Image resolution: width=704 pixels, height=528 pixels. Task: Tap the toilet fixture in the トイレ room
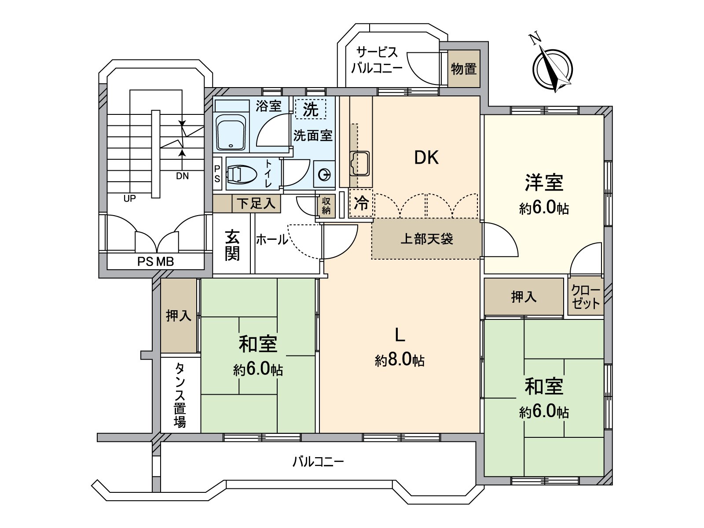[x=241, y=174]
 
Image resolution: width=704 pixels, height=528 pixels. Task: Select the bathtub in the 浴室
[x=231, y=132]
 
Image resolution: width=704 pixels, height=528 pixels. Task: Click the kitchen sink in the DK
[x=359, y=164]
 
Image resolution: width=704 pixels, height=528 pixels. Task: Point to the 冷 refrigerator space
[x=361, y=203]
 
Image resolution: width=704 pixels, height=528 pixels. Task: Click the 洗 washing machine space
[x=310, y=109]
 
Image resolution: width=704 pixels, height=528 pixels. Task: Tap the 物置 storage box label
[x=464, y=69]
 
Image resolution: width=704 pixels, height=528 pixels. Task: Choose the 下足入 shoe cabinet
[x=256, y=203]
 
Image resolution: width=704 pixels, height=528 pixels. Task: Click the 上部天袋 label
[x=426, y=239]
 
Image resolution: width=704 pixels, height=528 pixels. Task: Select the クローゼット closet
[x=585, y=297]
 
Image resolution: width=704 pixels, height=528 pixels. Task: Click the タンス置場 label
[x=180, y=395]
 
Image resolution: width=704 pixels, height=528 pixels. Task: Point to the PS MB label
[x=156, y=262]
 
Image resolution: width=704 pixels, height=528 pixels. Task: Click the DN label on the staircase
[x=182, y=176]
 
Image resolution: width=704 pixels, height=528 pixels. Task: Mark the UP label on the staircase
[x=129, y=198]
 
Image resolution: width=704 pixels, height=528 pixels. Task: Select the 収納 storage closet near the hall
[x=326, y=205]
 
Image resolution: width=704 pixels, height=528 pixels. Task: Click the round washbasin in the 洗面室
[x=324, y=176]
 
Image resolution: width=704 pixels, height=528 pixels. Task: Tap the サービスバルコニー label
[x=377, y=60]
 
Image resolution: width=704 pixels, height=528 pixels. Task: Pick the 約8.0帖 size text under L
[x=400, y=360]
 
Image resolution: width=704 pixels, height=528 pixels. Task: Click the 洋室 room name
[x=544, y=183]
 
